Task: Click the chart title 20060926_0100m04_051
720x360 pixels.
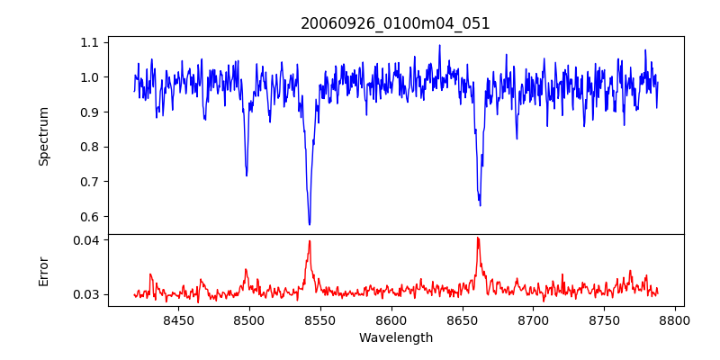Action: pos(395,23)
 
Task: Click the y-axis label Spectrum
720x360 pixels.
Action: pos(43,136)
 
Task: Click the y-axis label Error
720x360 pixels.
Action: pos(43,270)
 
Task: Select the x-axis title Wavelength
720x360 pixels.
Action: pos(395,338)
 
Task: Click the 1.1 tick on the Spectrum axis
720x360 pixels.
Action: pos(90,42)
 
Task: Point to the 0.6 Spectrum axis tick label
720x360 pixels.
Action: pos(90,217)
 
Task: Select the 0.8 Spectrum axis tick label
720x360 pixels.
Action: pos(90,147)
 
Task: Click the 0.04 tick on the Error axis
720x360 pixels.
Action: pos(86,240)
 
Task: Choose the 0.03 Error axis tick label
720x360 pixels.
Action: pos(86,294)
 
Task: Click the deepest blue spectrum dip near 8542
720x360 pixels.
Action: pos(310,224)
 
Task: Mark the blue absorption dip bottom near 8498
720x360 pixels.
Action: pos(247,175)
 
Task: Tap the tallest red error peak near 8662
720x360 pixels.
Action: pos(478,238)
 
